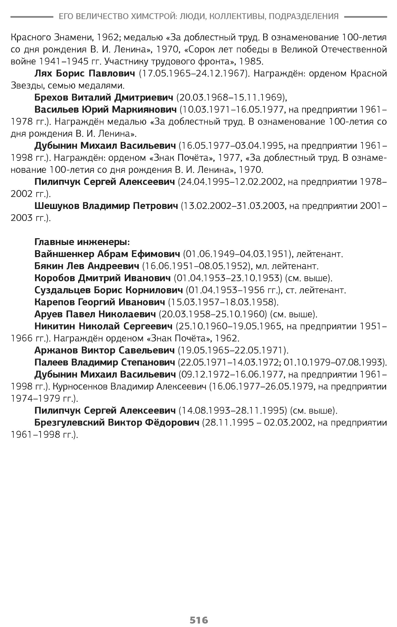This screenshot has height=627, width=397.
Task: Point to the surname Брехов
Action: click(51, 98)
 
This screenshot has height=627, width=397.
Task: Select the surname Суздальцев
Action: click(62, 290)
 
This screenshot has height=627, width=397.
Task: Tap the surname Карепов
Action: click(54, 302)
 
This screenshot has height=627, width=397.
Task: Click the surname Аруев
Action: click(48, 314)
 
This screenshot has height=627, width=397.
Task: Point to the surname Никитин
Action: click(55, 326)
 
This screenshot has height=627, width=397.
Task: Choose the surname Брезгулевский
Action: click(69, 423)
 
